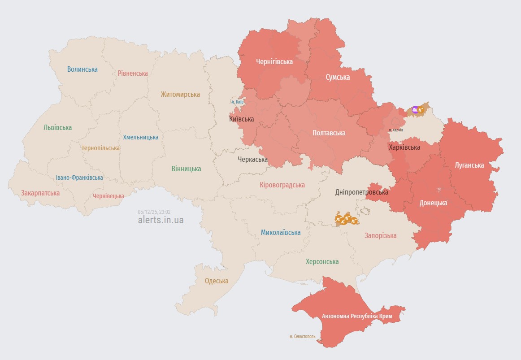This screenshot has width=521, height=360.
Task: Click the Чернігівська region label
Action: [274, 62]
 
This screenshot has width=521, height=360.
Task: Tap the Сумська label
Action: [338, 77]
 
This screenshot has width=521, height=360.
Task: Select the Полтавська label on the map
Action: [329, 133]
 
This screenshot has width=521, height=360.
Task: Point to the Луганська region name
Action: [469, 165]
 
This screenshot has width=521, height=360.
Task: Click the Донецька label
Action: [433, 203]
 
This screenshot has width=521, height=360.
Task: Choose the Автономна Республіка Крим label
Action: [357, 317]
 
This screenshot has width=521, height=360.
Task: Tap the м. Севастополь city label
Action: [302, 336]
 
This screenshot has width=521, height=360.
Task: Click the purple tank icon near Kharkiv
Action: [415, 109]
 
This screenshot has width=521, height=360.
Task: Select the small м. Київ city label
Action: [237, 102]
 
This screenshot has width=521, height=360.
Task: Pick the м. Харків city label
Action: [395, 130]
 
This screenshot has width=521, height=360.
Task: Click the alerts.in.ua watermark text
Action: [161, 220]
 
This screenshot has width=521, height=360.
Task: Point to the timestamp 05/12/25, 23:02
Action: [154, 212]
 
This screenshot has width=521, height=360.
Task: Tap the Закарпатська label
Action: [40, 193]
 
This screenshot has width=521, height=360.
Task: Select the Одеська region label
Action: [217, 281]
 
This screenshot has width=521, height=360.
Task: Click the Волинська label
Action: [82, 69]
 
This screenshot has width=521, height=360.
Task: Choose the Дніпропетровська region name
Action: [361, 192]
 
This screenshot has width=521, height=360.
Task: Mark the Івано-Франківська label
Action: [79, 178]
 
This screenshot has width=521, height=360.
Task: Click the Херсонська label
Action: [322, 261]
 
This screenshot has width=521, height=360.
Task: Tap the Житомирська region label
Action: [180, 95]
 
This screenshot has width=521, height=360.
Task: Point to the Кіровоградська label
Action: [282, 185]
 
